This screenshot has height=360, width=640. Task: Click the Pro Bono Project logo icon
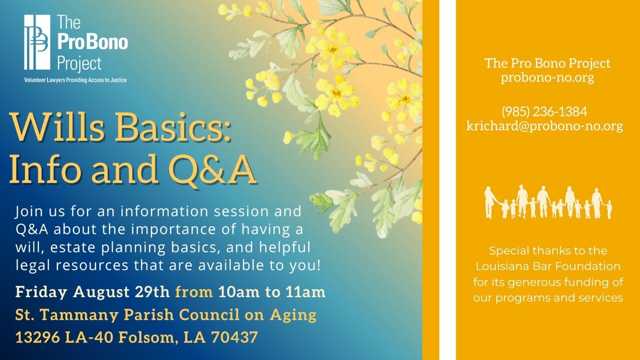(37, 42)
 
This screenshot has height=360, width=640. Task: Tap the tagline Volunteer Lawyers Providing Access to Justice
(75, 80)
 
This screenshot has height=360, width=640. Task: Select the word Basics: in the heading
(173, 128)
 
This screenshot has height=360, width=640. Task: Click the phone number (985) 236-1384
(544, 112)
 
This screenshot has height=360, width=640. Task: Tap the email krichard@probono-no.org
(545, 126)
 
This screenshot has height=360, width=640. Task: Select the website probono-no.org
(547, 78)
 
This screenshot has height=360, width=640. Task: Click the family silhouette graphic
(548, 202)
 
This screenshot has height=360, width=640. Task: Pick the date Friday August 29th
(93, 292)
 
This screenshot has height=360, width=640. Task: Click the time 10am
(239, 292)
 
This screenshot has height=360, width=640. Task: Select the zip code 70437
(235, 337)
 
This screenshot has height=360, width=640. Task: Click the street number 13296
(38, 337)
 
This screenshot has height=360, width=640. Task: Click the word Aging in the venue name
(293, 315)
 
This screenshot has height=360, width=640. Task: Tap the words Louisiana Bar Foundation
(548, 266)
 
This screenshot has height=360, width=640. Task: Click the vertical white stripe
(448, 180)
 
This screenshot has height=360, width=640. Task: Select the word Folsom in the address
(146, 337)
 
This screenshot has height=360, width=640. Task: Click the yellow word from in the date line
(194, 292)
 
